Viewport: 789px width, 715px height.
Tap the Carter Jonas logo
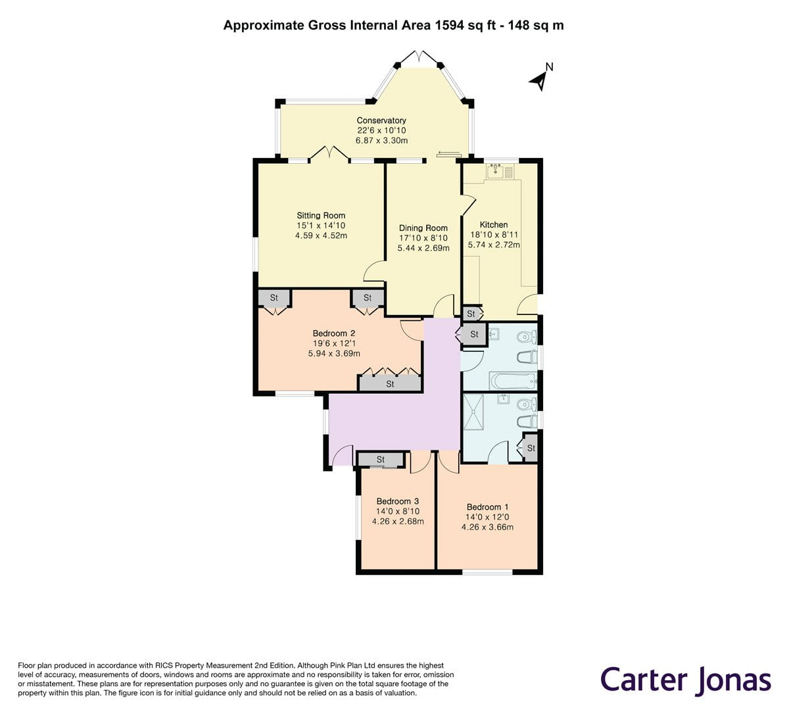(685, 679)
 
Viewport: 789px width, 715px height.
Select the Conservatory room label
(381, 120)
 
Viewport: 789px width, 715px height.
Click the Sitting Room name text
(321, 215)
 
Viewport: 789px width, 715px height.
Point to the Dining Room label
(423, 228)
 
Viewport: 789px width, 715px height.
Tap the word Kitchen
(494, 224)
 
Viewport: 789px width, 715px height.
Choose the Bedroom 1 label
(487, 506)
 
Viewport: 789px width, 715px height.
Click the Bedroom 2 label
(334, 333)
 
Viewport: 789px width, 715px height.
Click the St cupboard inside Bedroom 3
(381, 459)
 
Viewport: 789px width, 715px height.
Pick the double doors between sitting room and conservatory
(329, 155)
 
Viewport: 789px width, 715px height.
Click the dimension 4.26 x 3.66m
(487, 527)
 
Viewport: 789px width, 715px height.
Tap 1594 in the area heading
(450, 26)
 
